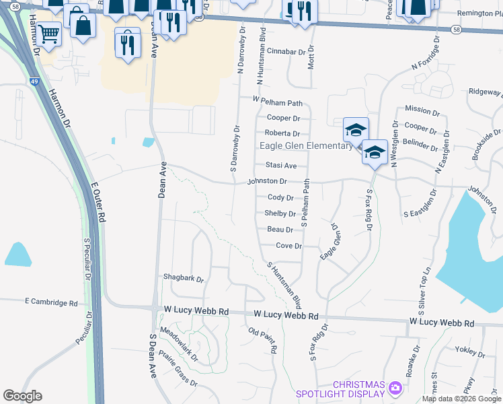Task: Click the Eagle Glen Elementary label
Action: click(x=306, y=145)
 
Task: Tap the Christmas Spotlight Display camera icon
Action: click(x=395, y=387)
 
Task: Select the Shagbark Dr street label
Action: click(x=183, y=277)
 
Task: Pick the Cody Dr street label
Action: click(x=280, y=197)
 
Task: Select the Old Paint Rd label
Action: click(x=263, y=341)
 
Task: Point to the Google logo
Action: click(x=22, y=396)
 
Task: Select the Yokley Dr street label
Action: click(x=470, y=351)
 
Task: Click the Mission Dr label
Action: click(x=418, y=109)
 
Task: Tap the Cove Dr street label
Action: click(x=288, y=246)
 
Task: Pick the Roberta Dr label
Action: click(x=281, y=133)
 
